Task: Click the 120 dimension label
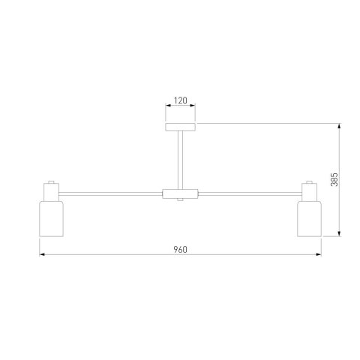pyautogui.click(x=181, y=100)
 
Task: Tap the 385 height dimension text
pyautogui.click(x=334, y=179)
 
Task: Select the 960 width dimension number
pyautogui.click(x=180, y=250)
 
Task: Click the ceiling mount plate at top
pyautogui.click(x=180, y=127)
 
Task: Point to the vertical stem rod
pyautogui.click(x=180, y=160)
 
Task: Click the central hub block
pyautogui.click(x=180, y=193)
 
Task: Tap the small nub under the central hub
pyautogui.click(x=180, y=199)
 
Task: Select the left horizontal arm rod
pyautogui.click(x=110, y=193)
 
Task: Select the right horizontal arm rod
pyautogui.click(x=250, y=193)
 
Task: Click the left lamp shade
pyautogui.click(x=51, y=218)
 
